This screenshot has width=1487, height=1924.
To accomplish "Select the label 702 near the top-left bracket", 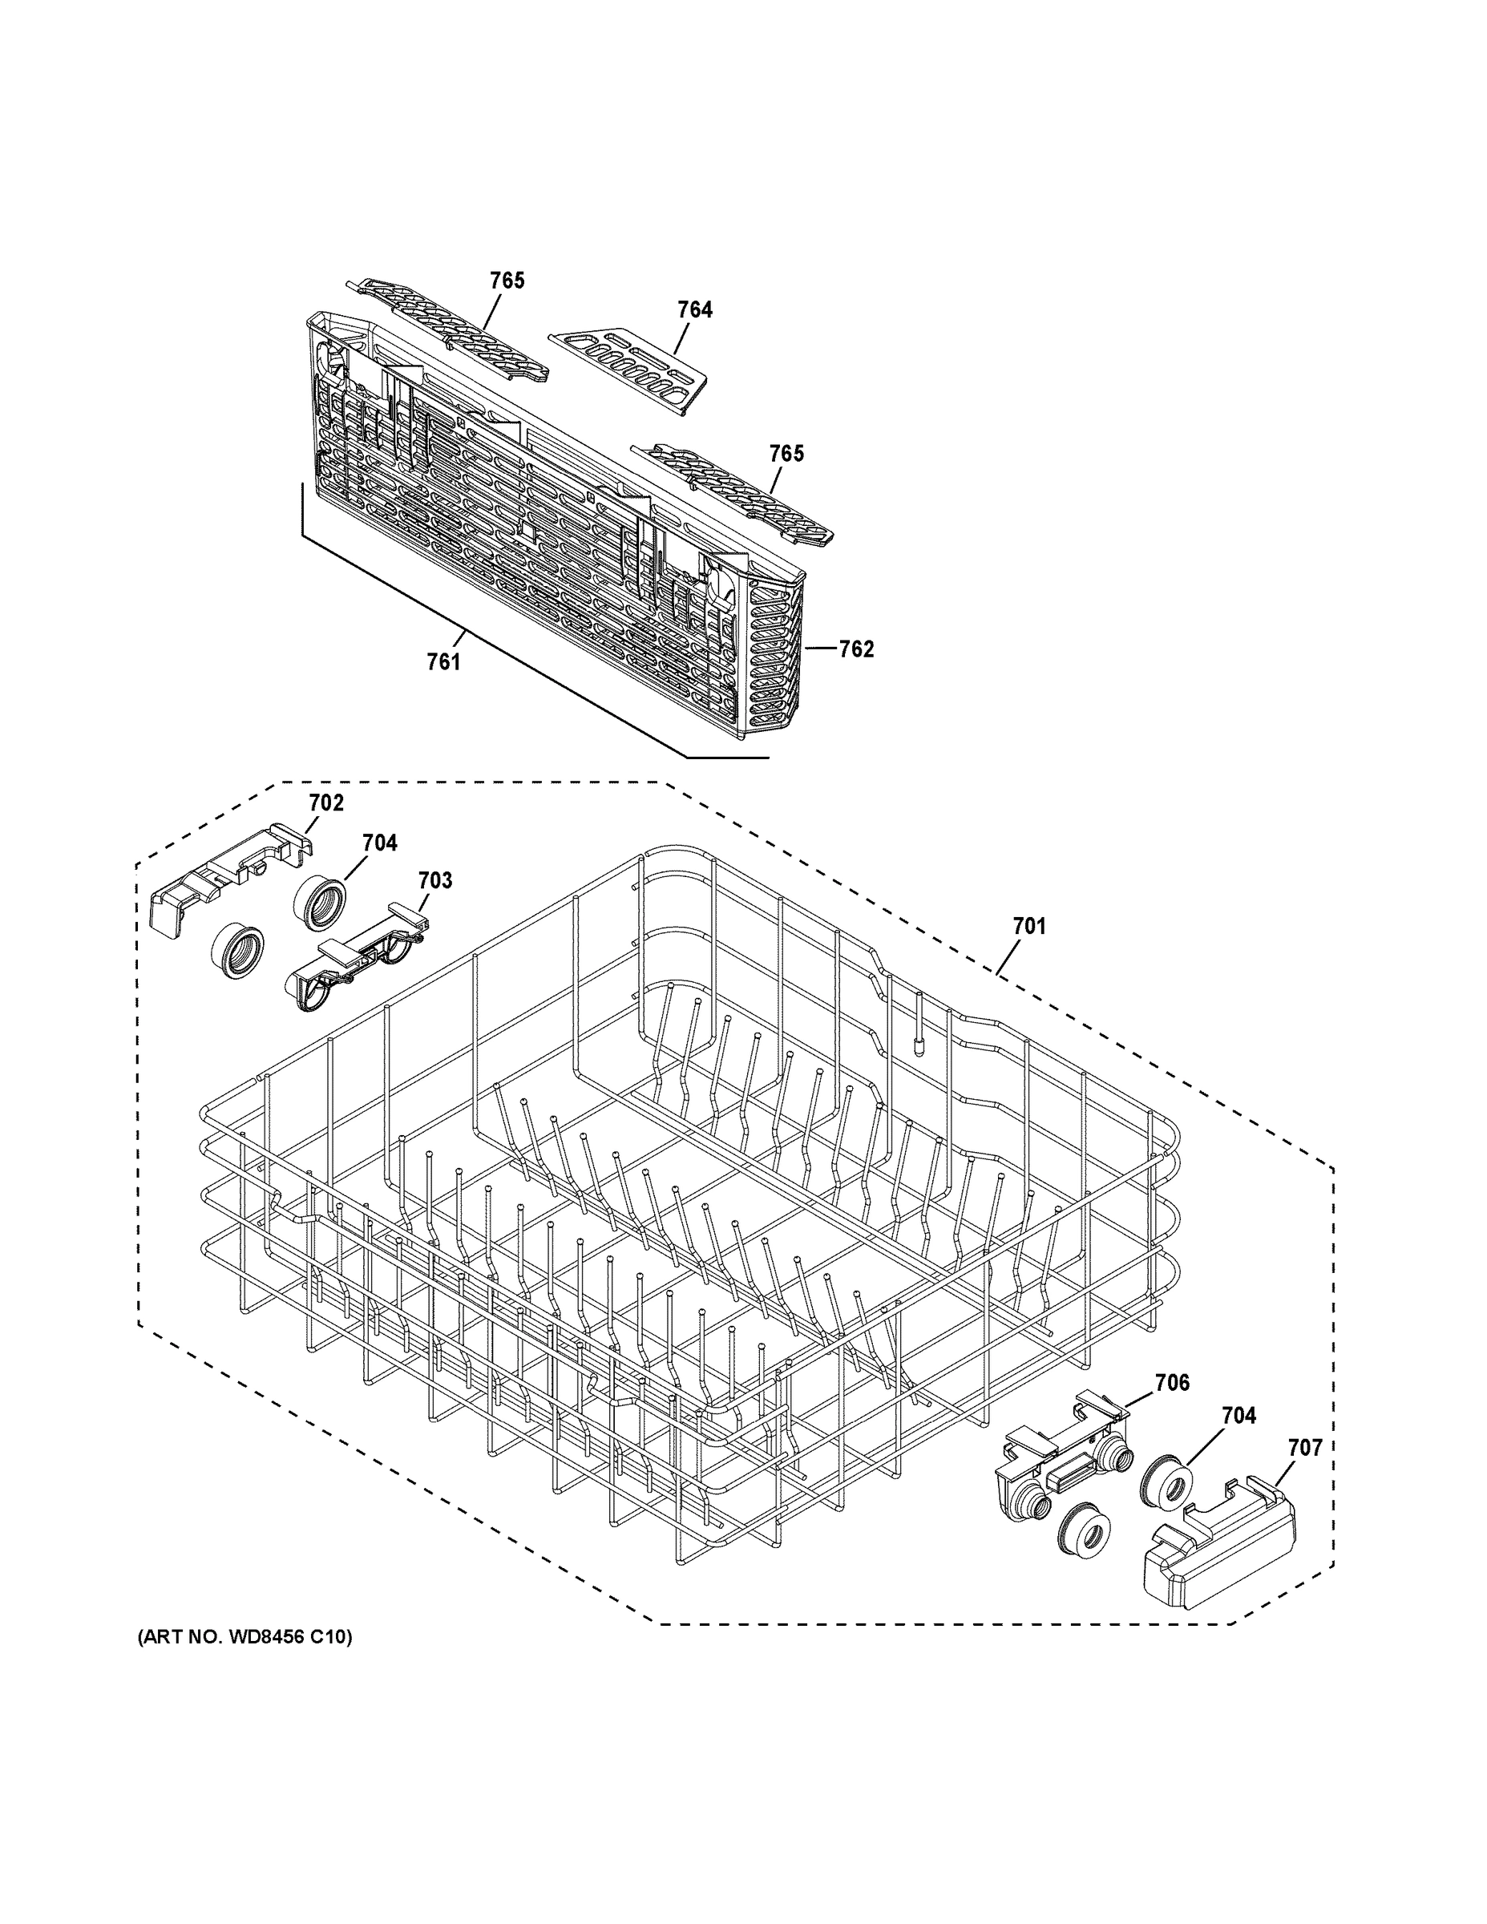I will [326, 802].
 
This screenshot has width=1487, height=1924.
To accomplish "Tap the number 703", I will [434, 880].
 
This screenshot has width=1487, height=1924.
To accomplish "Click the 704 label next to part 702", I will [380, 843].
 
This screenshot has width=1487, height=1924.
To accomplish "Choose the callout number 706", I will [1172, 1383].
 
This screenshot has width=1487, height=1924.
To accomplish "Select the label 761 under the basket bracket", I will [444, 661].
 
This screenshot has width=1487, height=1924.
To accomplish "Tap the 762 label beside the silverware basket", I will [855, 649].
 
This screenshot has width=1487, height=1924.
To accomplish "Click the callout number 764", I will [695, 309].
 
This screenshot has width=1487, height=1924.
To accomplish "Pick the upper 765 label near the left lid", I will [507, 280].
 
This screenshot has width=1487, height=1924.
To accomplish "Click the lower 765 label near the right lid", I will [786, 454].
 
